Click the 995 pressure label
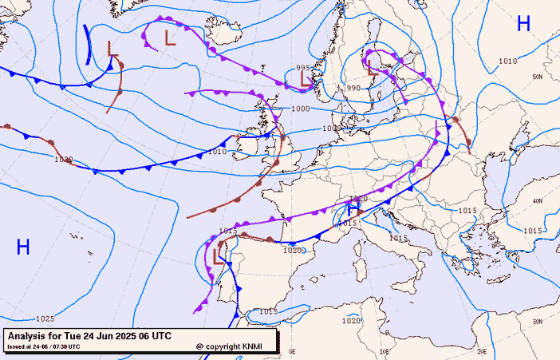click(302, 68)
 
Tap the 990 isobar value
click(353, 88)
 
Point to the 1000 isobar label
click(301, 109)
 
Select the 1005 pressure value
click(333, 128)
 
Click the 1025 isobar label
click(45, 318)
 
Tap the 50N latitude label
click(538, 77)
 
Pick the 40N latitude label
click(538, 201)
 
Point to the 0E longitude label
click(293, 350)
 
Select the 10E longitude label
click(385, 350)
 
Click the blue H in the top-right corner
click(523, 24)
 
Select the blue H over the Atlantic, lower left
click(23, 247)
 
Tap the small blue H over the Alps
click(352, 210)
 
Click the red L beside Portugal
click(219, 255)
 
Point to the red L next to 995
click(306, 80)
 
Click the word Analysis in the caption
click(30, 335)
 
